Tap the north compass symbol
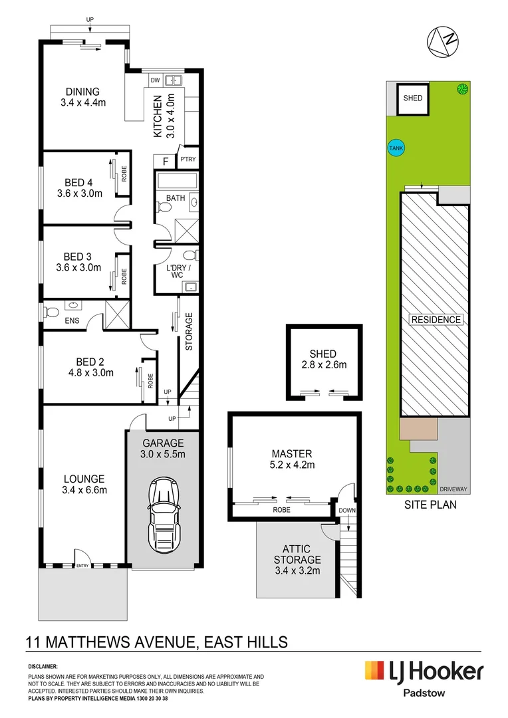442,42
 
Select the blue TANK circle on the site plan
396,148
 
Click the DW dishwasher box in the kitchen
156,80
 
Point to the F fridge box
166,161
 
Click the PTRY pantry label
188,160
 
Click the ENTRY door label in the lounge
82,566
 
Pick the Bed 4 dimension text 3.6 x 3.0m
80,193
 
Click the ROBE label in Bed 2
150,381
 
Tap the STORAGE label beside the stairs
189,332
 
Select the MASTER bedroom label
292,454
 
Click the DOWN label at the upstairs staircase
347,510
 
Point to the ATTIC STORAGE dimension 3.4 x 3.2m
297,570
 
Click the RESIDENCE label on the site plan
436,320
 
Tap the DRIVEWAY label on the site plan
453,489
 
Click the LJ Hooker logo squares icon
374,670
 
